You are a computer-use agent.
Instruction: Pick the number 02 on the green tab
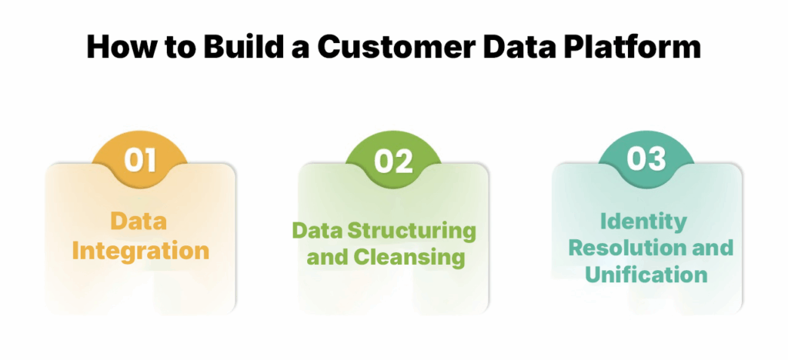[393, 161]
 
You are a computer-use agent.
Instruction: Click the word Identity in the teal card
[643, 222]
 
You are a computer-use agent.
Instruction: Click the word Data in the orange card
[139, 222]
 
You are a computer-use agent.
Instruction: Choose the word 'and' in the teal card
[710, 248]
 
